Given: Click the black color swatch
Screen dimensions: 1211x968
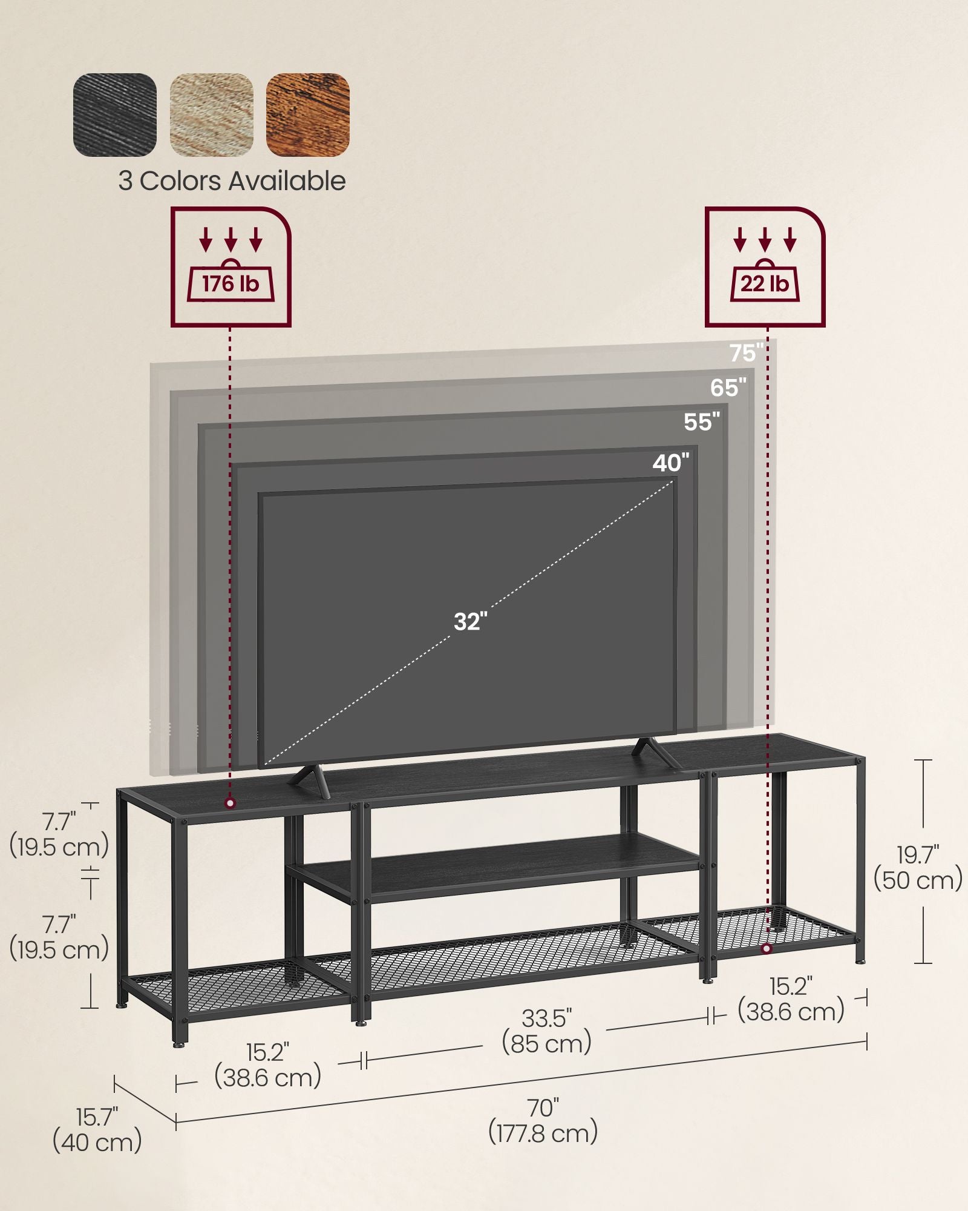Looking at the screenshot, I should pyautogui.click(x=115, y=115).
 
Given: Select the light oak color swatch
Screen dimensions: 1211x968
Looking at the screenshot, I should pyautogui.click(x=211, y=115).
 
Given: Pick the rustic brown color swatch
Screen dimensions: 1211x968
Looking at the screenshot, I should pyautogui.click(x=308, y=115).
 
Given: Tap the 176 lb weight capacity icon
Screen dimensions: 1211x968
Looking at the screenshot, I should pyautogui.click(x=231, y=267).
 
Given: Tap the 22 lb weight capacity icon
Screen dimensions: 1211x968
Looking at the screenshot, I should pyautogui.click(x=765, y=267).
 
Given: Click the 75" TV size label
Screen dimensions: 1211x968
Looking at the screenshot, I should pyautogui.click(x=746, y=353).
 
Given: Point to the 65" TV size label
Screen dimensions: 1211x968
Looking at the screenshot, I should pyautogui.click(x=728, y=388).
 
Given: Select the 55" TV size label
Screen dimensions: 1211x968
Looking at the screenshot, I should pyautogui.click(x=702, y=422).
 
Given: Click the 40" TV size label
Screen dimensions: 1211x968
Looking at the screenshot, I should pyautogui.click(x=670, y=464).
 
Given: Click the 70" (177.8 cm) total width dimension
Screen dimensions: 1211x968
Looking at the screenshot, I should pyautogui.click(x=543, y=1121).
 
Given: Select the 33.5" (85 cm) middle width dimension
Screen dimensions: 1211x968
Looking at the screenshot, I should pyautogui.click(x=546, y=1031).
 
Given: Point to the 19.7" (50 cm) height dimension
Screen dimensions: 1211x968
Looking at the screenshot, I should pyautogui.click(x=917, y=868).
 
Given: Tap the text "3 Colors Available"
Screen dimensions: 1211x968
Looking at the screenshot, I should pyautogui.click(x=232, y=181).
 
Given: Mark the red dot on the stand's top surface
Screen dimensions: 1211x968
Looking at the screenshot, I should pyautogui.click(x=230, y=803).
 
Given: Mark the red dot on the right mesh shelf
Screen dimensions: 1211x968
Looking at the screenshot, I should pyautogui.click(x=767, y=948).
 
